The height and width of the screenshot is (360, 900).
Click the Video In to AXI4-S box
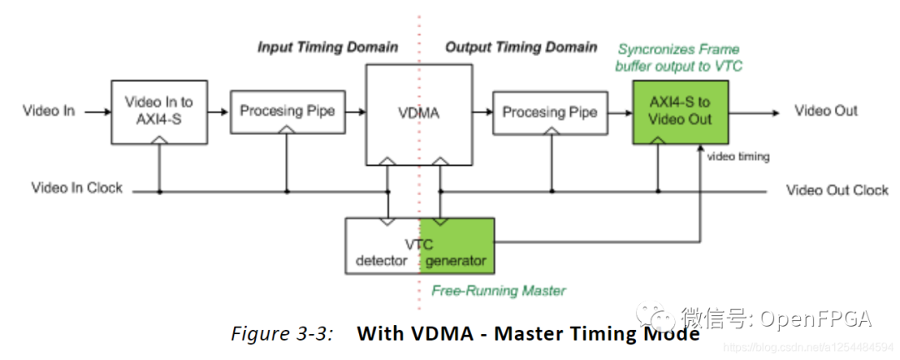[158, 110]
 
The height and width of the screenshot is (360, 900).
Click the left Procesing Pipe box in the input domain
[287, 111]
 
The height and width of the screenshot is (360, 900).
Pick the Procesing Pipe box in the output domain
[550, 112]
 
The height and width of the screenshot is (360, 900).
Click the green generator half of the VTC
[457, 246]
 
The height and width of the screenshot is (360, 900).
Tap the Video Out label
[825, 111]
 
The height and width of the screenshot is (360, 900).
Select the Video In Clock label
[77, 188]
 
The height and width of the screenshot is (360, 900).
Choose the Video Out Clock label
[837, 191]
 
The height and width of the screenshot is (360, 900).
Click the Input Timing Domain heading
[327, 47]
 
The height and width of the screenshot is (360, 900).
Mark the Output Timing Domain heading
[521, 47]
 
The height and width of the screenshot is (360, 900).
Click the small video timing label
[737, 156]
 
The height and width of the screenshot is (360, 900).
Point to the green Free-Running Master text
[498, 291]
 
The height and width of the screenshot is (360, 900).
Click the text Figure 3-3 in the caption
[282, 333]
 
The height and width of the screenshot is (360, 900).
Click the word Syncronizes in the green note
[653, 50]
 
